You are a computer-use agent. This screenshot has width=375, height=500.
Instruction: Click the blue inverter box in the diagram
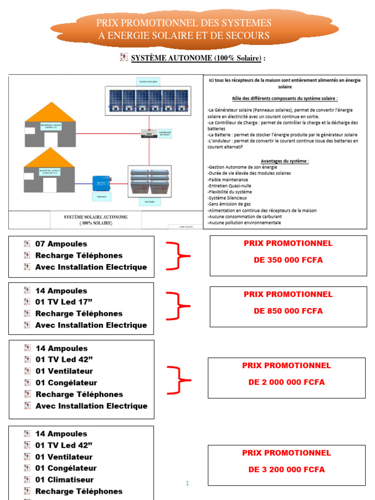coord(101,183)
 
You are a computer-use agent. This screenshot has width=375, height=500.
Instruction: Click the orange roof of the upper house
coord(50,113)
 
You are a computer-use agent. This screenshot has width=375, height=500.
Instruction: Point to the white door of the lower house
coord(50,185)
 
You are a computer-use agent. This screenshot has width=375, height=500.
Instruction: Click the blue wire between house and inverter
coord(83,184)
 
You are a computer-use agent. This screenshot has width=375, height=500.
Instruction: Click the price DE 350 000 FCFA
coord(288,260)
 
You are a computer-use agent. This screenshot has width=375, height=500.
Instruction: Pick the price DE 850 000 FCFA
coord(288,311)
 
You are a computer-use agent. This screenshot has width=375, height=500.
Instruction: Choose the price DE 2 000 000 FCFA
coord(287,382)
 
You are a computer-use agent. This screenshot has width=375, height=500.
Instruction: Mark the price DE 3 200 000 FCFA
coord(287,469)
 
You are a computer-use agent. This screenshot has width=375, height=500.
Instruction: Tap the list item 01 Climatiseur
coord(64,479)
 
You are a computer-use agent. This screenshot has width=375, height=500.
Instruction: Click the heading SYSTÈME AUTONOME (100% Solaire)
coord(198,58)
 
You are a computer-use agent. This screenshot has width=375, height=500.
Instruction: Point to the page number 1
coord(187,483)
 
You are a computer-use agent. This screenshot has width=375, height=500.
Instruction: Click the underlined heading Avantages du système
coord(285,161)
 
